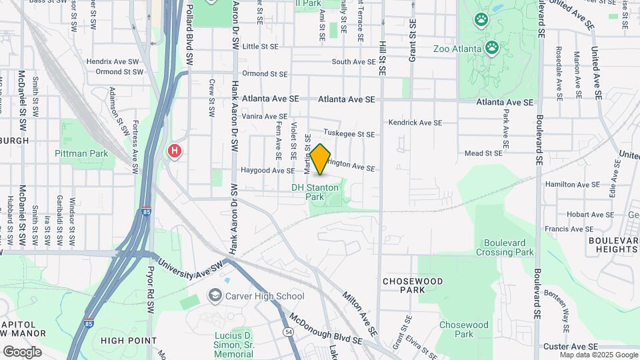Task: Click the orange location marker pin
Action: point(320,159)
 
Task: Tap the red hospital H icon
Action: point(175,151)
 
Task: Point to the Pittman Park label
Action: point(81,153)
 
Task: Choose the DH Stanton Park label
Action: point(315,192)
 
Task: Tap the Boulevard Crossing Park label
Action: point(505,247)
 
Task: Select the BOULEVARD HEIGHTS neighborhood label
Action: point(613,244)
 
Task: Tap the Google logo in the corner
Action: point(23,351)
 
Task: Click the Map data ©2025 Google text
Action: point(599,355)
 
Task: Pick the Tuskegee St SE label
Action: point(349,134)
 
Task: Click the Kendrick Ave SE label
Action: point(415,123)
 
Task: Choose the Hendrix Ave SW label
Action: point(115,61)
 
